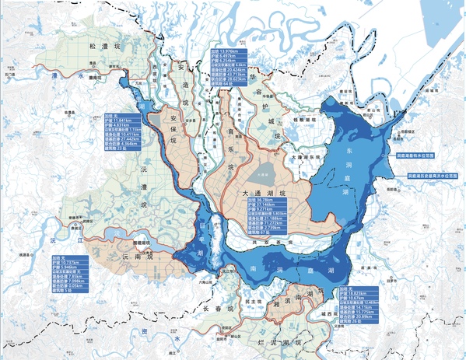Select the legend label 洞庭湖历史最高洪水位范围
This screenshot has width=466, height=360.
pyautogui.click(x=433, y=177)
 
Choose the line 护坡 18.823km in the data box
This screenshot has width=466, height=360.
pyautogui.click(x=354, y=292)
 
